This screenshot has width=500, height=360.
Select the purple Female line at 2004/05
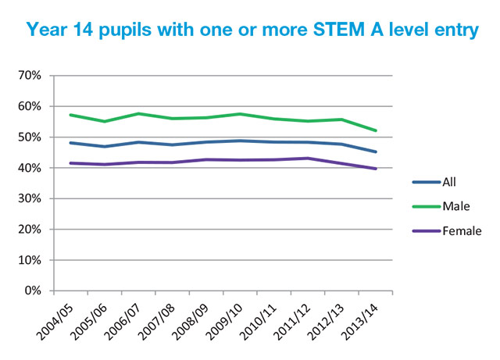point(71,163)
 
